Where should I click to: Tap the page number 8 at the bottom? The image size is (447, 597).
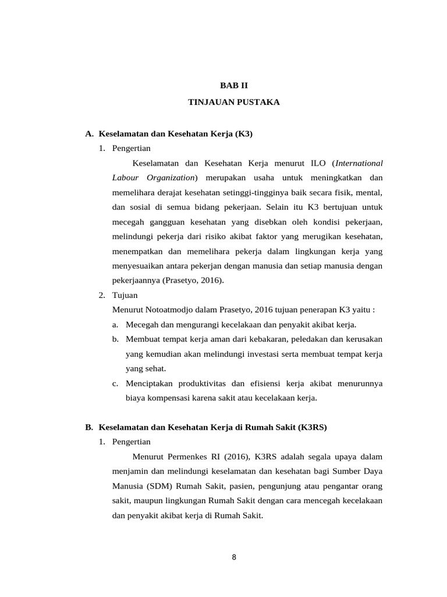click(234, 557)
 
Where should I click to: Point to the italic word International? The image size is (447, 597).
click(359, 162)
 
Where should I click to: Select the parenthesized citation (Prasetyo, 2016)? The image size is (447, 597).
click(192, 280)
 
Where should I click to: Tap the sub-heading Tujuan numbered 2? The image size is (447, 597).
click(125, 295)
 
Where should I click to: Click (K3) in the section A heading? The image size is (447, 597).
click(244, 134)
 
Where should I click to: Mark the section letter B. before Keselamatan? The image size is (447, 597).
click(89, 427)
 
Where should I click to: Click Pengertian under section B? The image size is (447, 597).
click(131, 441)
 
